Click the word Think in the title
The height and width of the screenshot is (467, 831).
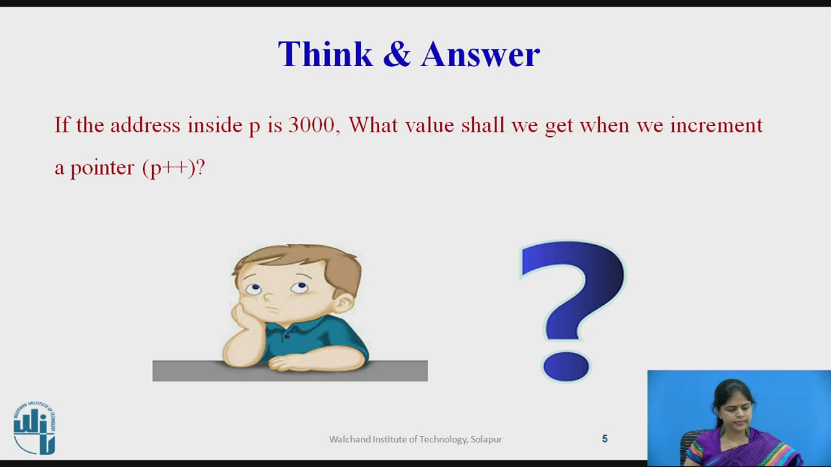(325, 54)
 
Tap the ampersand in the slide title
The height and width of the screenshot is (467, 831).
(397, 54)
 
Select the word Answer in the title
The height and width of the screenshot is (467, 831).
(480, 54)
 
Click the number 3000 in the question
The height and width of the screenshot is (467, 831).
(311, 125)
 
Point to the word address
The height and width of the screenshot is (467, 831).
(145, 125)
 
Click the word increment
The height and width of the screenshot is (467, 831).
(716, 125)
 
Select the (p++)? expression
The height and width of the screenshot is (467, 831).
(173, 168)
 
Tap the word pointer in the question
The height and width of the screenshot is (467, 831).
(102, 168)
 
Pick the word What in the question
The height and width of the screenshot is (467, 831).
(373, 125)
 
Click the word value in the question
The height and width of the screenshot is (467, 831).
(429, 125)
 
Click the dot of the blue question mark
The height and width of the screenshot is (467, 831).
(565, 366)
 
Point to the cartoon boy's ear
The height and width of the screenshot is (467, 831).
(345, 302)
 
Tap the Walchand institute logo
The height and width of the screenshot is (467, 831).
(34, 428)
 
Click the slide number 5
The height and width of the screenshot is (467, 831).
(604, 439)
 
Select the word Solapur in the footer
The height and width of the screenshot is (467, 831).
(486, 439)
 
